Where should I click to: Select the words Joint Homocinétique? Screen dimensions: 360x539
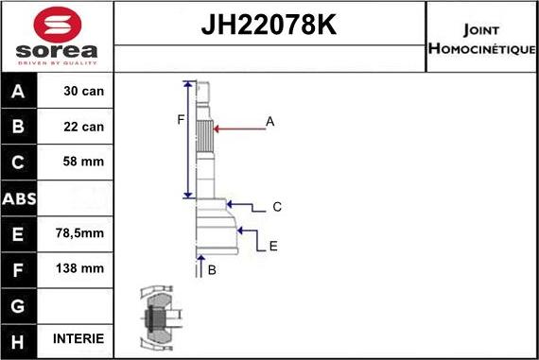coord(482,39)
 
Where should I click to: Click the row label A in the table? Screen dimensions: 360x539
coord(19,92)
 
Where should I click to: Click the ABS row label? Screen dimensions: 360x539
coord(19,198)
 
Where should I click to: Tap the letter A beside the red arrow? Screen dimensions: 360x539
coord(270,121)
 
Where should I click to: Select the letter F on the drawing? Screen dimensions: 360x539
coord(180,119)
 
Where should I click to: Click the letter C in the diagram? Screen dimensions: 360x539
coord(277,206)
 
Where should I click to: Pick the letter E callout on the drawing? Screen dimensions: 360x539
coord(273,246)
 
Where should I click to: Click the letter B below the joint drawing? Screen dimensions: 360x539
coord(212,270)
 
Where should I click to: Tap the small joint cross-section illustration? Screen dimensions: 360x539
coord(156,317)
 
